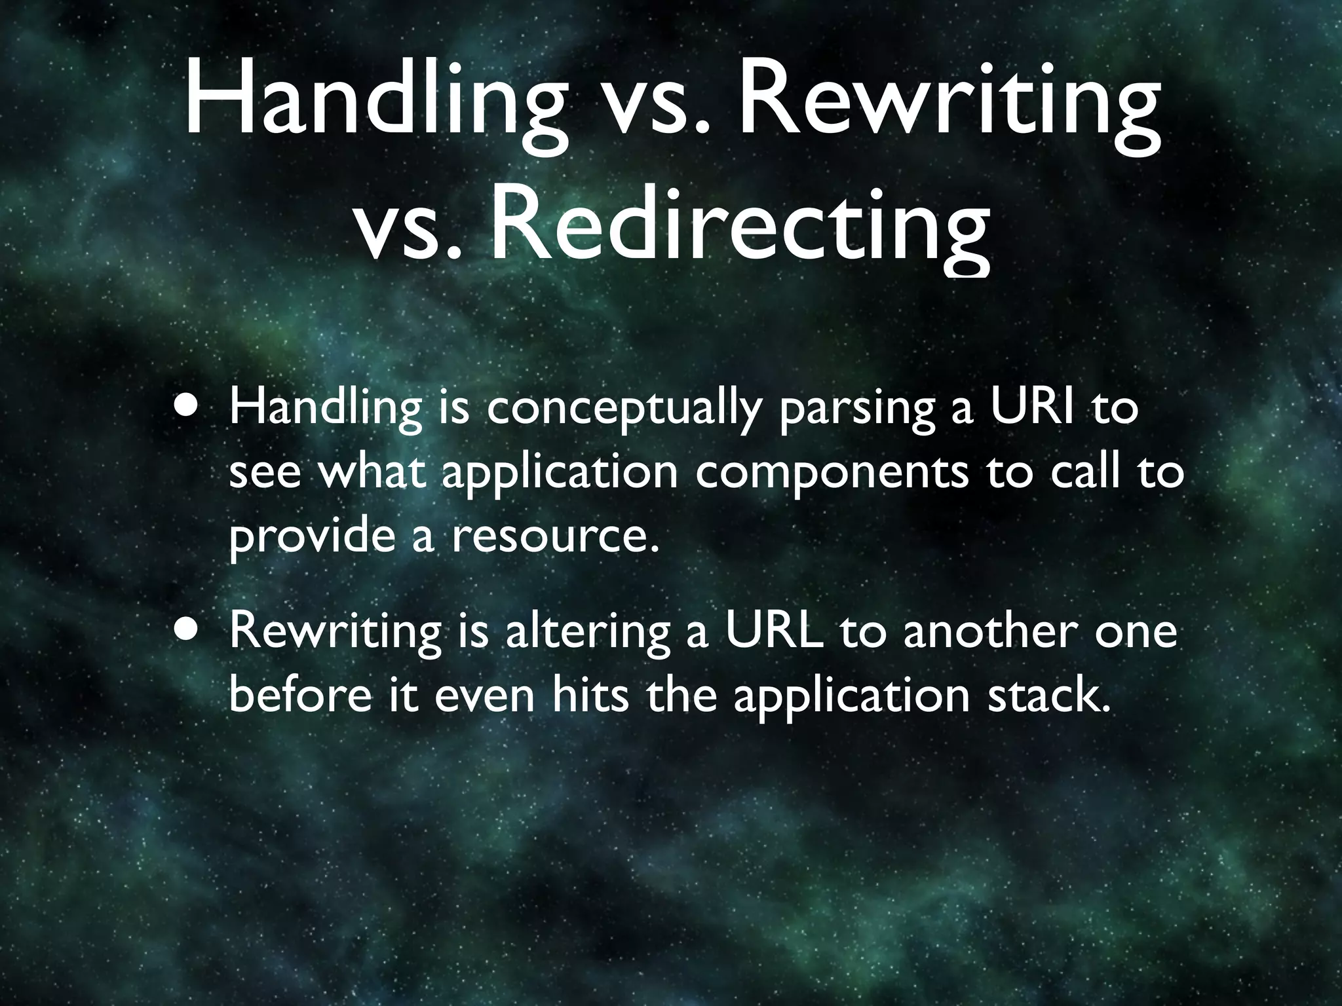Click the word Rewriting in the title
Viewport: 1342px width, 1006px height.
[x=949, y=105]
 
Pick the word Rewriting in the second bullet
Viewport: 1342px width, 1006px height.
[x=335, y=632]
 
